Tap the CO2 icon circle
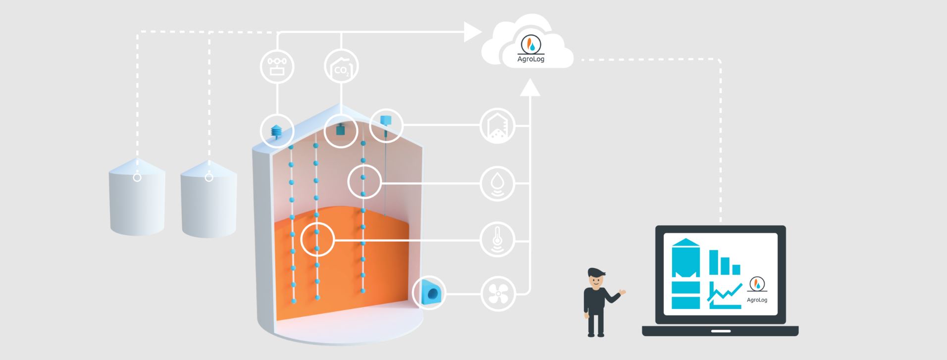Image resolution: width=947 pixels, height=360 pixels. coord(341,66)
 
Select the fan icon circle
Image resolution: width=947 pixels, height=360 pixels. coord(498,294)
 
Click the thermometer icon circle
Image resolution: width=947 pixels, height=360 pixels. coord(498,241)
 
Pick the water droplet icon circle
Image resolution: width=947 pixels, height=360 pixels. coord(498,184)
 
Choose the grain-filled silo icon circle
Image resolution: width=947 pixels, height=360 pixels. coord(498,126)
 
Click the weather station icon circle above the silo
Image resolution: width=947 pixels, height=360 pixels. coord(277,66)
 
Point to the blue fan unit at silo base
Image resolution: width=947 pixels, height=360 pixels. coord(429,293)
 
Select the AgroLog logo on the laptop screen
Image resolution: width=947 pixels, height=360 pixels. coord(757,289)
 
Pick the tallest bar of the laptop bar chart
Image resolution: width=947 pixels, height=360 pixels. coord(714,262)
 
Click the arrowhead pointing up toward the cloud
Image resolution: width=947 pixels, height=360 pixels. coord(530,87)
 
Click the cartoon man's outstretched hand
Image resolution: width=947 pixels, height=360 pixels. coord(623,293)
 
